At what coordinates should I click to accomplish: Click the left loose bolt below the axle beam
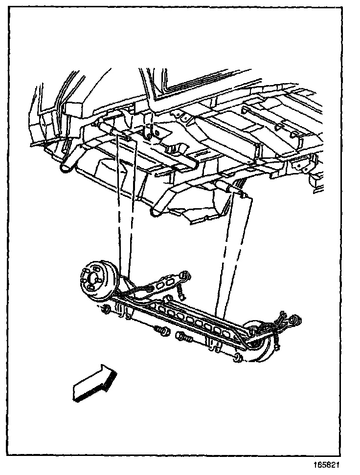pos(161,332)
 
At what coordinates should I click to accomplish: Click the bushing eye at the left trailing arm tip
pos(184,277)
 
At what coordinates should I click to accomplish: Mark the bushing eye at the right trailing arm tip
pos(293,321)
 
